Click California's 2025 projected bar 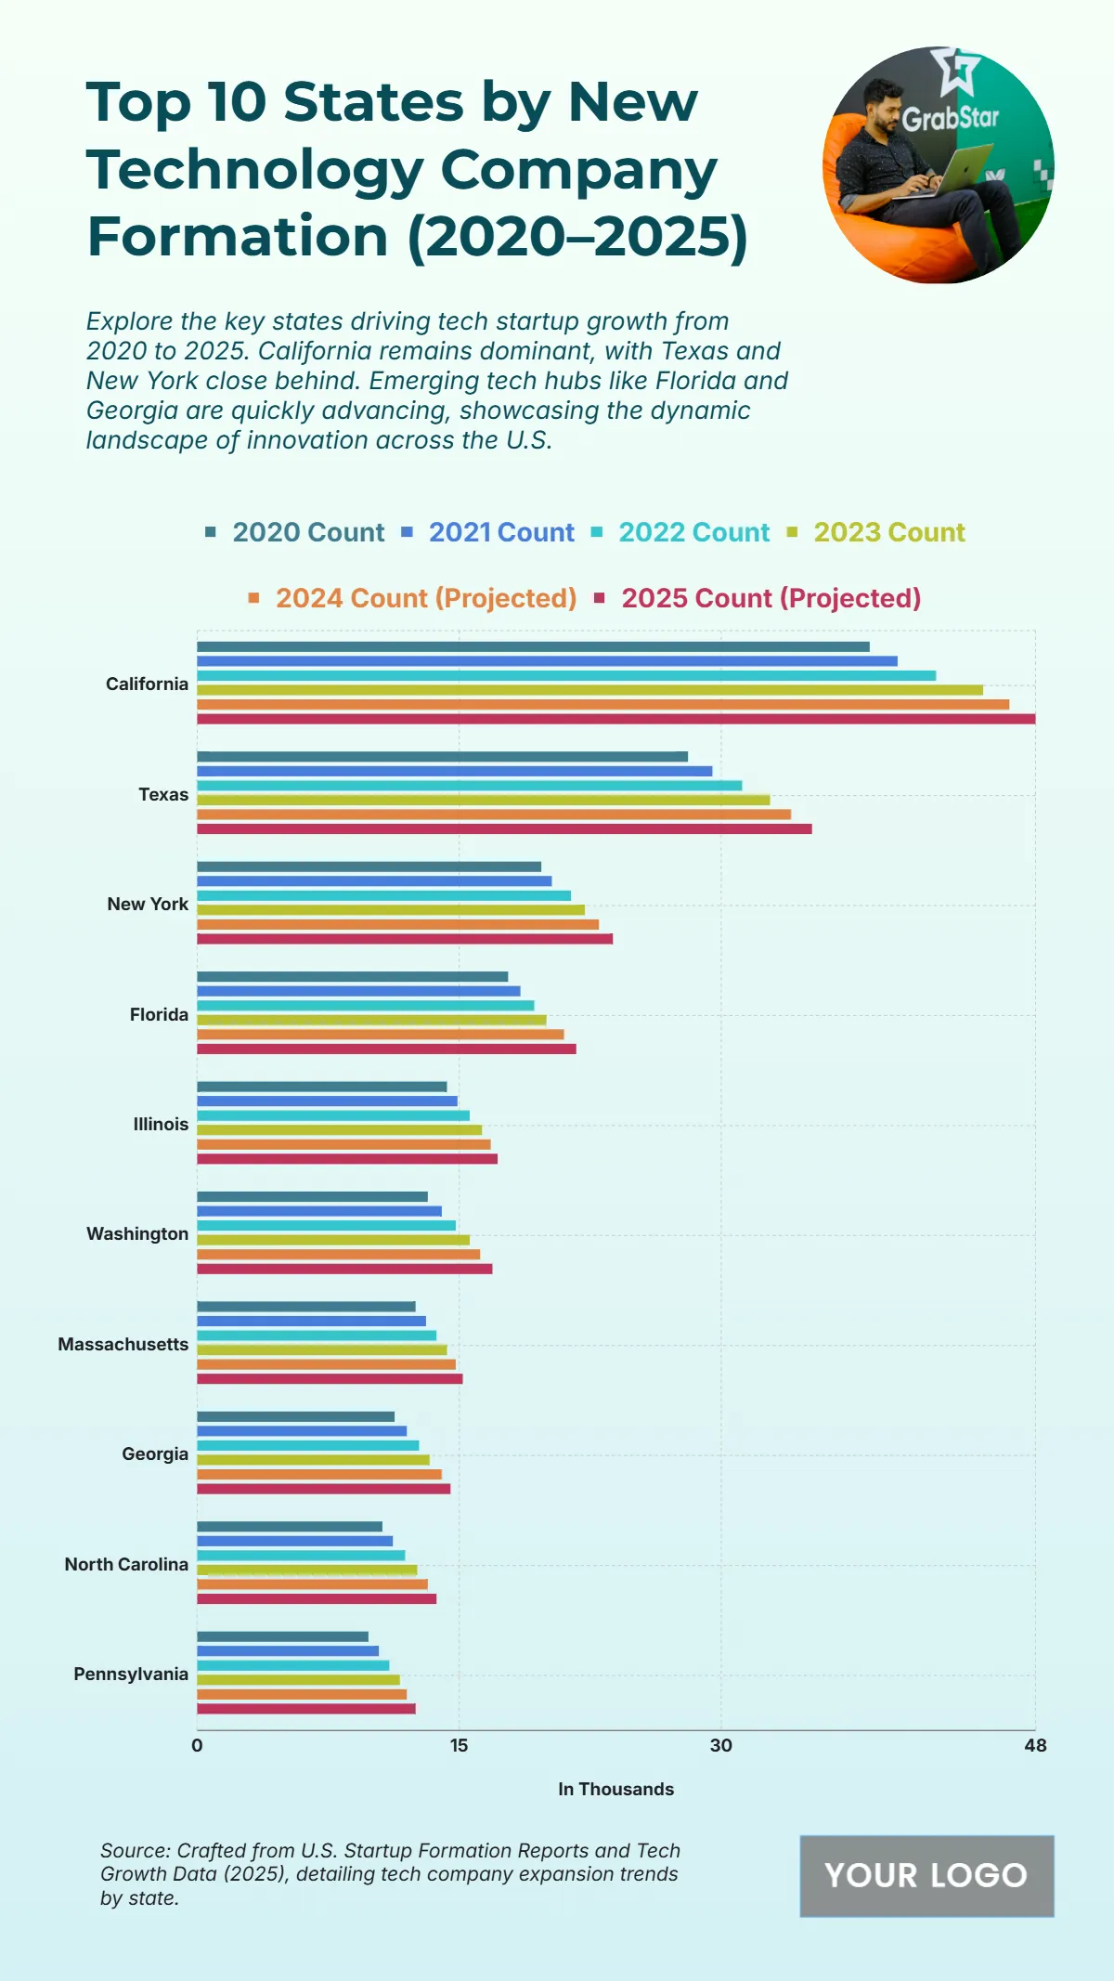pos(615,719)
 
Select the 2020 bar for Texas pos(442,757)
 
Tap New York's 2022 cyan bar pos(383,895)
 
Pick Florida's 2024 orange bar pos(380,1035)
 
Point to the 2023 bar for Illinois pos(339,1130)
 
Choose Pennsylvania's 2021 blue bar pos(288,1650)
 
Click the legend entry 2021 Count pos(500,532)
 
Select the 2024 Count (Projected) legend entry pos(425,598)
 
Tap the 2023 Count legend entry pos(888,532)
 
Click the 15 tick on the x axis pos(459,1745)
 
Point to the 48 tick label pos(1035,1745)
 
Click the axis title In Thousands pos(615,1789)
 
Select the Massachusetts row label pos(123,1344)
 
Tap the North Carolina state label pos(126,1564)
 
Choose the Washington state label pos(137,1233)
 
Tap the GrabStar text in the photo pos(951,119)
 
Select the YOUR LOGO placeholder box pos(926,1875)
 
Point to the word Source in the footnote pos(135,1850)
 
